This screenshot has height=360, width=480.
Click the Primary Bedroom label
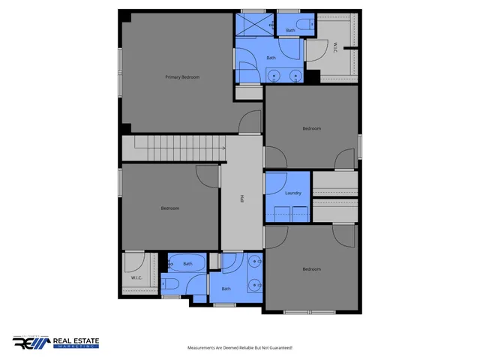click(x=182, y=76)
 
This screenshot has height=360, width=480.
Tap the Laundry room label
click(x=293, y=193)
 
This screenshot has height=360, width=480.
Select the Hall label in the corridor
click(x=241, y=199)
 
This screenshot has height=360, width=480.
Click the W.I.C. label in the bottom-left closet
click(x=136, y=278)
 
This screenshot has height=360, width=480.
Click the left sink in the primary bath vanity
click(x=274, y=75)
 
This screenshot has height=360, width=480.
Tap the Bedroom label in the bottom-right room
click(x=311, y=268)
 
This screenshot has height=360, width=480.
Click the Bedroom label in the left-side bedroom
click(x=170, y=208)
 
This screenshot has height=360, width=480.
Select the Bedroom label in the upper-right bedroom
click(x=311, y=128)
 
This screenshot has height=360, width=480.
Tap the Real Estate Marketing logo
click(x=56, y=343)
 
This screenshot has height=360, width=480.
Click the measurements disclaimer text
click(x=239, y=348)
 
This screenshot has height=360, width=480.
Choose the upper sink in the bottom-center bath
click(x=255, y=262)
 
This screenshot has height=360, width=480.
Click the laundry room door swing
click(x=274, y=184)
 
